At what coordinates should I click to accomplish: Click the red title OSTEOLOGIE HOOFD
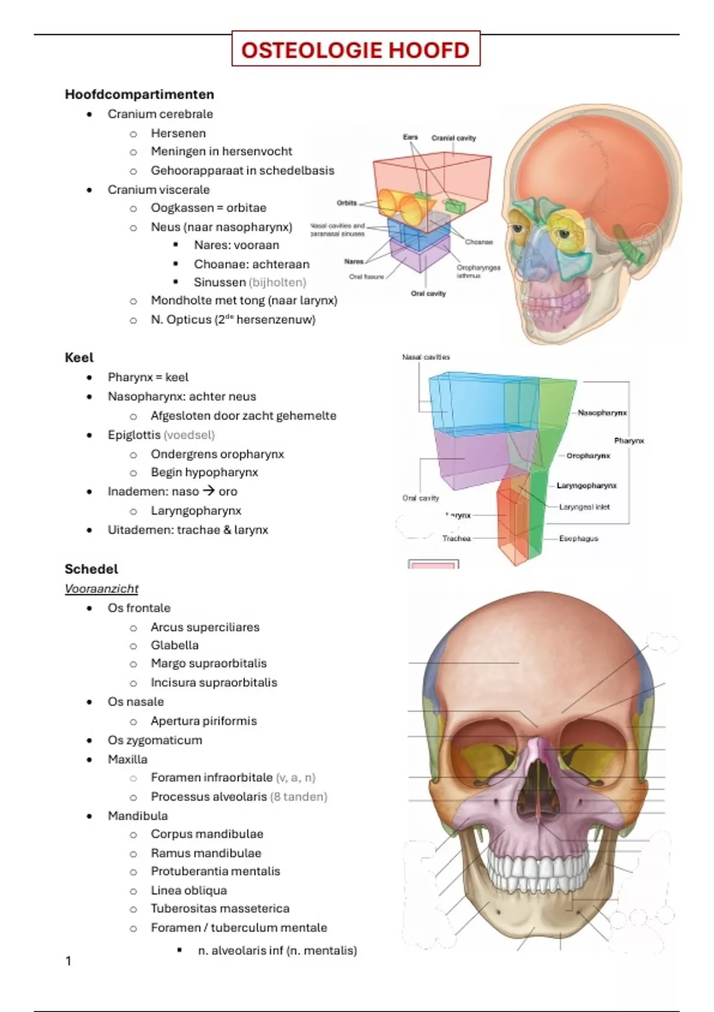click(355, 49)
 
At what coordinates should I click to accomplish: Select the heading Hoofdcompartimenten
click(139, 94)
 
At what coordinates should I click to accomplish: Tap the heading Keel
click(79, 357)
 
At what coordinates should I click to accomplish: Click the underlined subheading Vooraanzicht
click(101, 589)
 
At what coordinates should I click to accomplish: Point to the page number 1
click(68, 960)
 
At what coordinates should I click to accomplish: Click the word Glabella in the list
click(174, 645)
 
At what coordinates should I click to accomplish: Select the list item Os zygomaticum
click(155, 740)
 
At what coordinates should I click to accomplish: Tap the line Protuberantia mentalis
click(215, 871)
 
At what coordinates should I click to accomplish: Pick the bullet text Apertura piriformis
click(203, 721)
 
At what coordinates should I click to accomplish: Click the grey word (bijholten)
click(277, 282)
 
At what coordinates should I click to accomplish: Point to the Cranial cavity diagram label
click(453, 138)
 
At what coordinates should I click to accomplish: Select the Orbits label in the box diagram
click(347, 203)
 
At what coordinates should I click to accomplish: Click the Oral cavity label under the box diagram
click(428, 293)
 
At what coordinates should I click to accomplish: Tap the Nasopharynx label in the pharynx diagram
click(602, 413)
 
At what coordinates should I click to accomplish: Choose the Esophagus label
click(578, 538)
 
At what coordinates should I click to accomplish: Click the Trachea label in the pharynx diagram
click(456, 538)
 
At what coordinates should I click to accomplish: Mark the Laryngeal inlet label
click(584, 507)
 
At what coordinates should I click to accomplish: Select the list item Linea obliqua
click(189, 891)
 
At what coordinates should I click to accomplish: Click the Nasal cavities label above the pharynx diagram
click(426, 357)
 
